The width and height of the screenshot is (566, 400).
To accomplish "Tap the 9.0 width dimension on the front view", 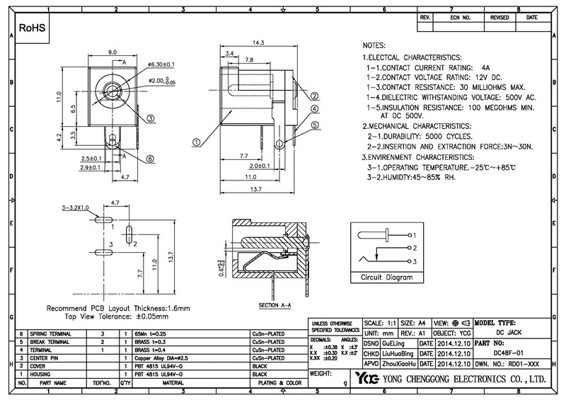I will [x=112, y=52].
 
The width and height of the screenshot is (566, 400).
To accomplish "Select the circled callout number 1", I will [x=195, y=141].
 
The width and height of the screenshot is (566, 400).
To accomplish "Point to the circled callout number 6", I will [x=150, y=159].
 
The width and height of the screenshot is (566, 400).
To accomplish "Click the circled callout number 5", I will [x=314, y=125].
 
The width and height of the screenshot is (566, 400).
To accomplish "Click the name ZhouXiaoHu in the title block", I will [x=398, y=362].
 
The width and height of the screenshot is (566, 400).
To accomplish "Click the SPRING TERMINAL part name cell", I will [x=53, y=333].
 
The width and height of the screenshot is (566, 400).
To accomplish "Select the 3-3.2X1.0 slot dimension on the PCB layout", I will [x=75, y=208].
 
